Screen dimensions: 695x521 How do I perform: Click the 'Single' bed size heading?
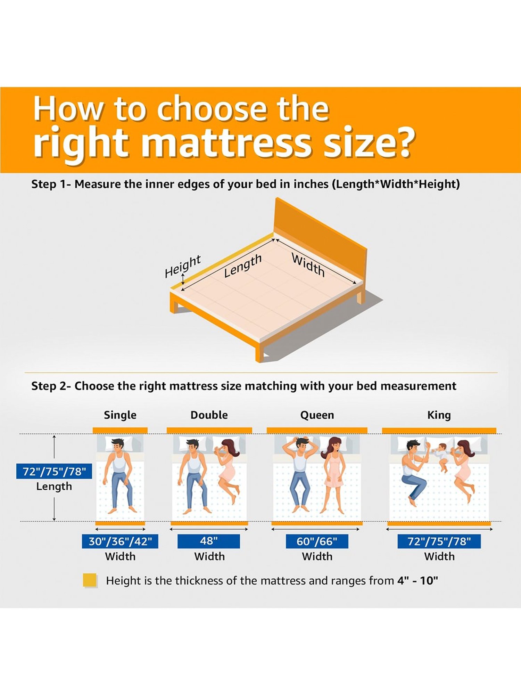coord(120,415)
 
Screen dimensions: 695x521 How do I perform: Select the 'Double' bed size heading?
coord(209,415)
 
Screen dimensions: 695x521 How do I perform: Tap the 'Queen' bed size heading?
coord(317,415)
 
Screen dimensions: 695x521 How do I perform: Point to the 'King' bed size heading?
coord(439,415)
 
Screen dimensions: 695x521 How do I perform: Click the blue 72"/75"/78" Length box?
coord(54,472)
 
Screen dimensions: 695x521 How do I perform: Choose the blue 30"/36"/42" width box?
coord(120,541)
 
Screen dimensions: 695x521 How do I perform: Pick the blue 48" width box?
coord(209,541)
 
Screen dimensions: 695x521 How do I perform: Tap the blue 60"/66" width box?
coord(317,541)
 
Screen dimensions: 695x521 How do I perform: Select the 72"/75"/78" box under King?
coord(439,541)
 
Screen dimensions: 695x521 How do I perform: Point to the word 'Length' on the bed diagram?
coord(242,265)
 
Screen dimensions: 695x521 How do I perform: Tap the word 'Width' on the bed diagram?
coord(308,265)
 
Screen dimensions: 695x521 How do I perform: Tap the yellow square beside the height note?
coord(90,580)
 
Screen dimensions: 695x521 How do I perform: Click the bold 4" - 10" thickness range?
coord(417,581)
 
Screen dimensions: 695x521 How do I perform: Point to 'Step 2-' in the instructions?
coord(51,386)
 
